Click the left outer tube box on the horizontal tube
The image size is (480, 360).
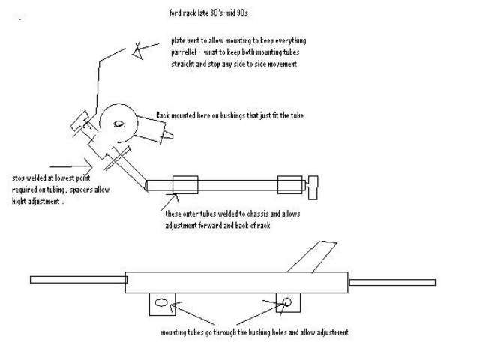point(184,185)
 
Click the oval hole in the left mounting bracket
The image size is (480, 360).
point(160,302)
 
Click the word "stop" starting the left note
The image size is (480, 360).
point(19,178)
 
